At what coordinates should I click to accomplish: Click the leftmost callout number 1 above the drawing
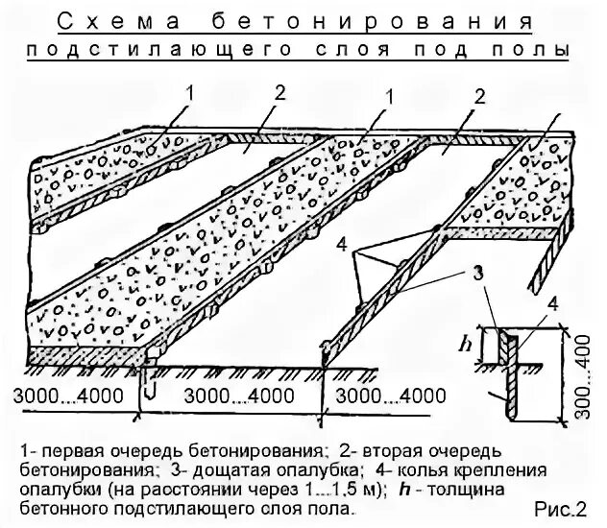click(190, 93)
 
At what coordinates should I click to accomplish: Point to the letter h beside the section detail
click(467, 341)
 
